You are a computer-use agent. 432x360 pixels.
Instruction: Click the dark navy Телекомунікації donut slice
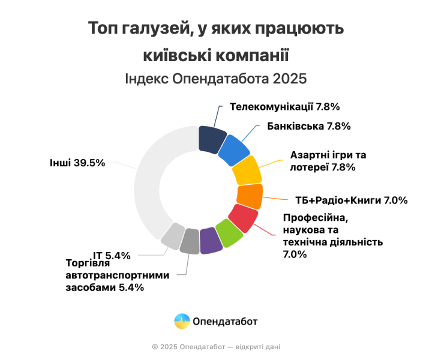click(x=212, y=139)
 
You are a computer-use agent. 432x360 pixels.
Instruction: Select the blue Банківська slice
click(x=234, y=151)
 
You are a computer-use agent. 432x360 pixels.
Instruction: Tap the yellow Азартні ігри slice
click(x=247, y=171)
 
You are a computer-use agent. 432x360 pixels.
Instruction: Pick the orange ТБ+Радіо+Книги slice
click(x=249, y=196)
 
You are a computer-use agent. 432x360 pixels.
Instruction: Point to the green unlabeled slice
click(x=229, y=233)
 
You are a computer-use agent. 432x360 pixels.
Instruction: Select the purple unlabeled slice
click(x=210, y=241)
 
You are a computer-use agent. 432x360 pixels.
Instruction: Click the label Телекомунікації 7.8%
click(x=285, y=107)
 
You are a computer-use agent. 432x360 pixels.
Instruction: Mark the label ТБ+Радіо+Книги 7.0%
click(x=352, y=200)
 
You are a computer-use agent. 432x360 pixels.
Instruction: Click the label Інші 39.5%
click(x=78, y=163)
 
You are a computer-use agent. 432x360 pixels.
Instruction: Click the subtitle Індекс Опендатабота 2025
click(x=215, y=79)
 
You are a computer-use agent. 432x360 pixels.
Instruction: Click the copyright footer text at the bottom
click(x=215, y=346)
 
